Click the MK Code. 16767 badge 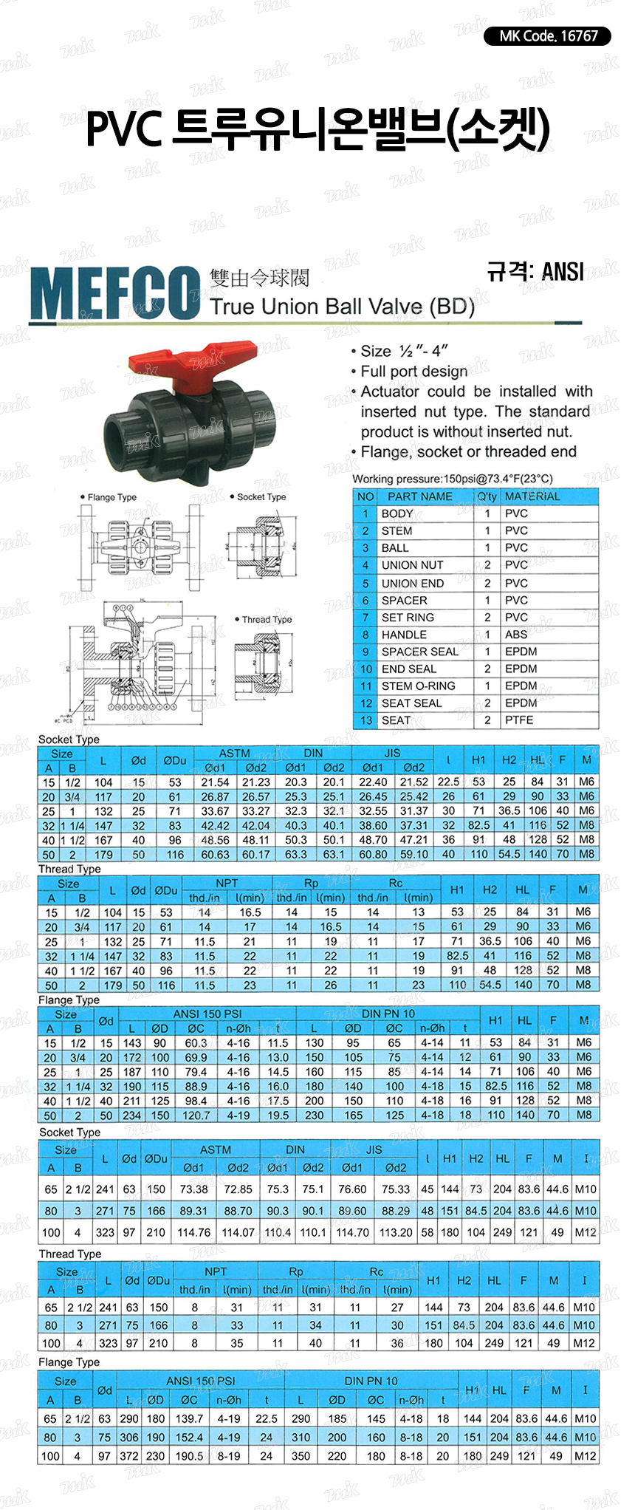547,35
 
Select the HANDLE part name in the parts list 404,635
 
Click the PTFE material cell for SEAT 519,720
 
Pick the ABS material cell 516,635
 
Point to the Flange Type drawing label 111,497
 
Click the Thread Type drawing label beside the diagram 267,620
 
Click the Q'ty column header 487,496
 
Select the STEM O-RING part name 418,686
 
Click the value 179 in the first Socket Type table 103,854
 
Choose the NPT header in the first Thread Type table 227,883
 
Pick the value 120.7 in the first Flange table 196,1116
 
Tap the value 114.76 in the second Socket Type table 194,1233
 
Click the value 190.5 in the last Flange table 189,1455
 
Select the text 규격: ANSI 535,272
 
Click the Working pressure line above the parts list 452,479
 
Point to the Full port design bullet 413,371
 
